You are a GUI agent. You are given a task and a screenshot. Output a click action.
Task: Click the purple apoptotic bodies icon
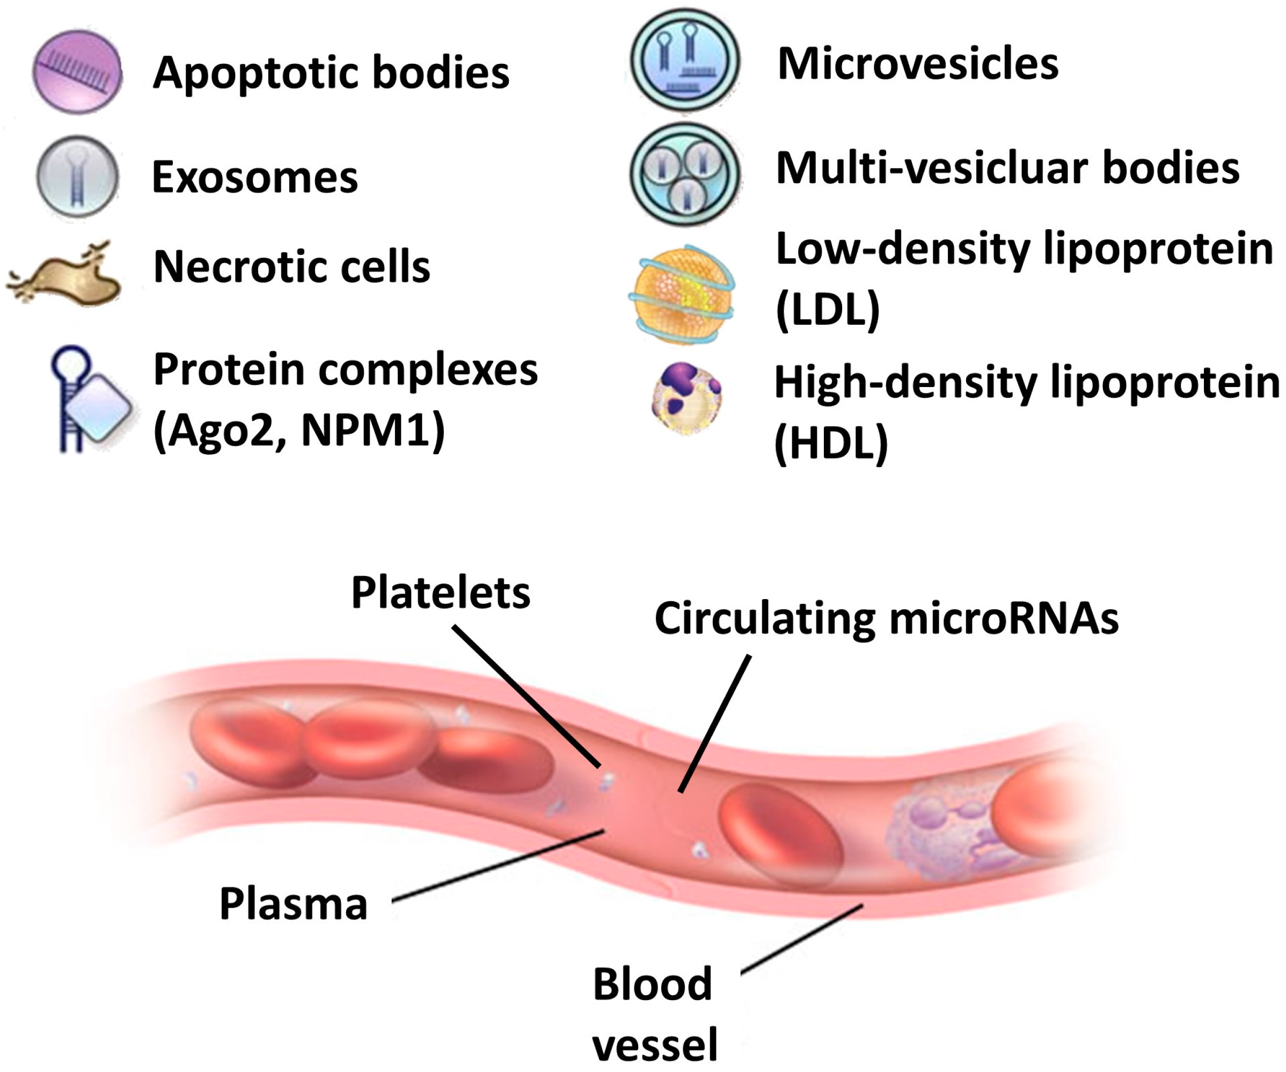77,72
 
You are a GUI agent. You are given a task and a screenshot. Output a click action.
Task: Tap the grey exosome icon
77,177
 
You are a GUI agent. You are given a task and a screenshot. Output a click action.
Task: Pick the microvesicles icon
685,61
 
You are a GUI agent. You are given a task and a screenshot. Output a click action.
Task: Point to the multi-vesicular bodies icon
685,174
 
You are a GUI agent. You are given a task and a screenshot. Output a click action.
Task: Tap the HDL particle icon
686,398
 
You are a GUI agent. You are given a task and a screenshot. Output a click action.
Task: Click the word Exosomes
254,178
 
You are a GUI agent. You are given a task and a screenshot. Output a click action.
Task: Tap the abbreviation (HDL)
831,443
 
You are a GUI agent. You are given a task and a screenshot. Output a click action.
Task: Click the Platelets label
440,593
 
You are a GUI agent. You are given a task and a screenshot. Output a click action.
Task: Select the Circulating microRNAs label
886,619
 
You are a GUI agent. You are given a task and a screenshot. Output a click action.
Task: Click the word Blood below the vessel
652,984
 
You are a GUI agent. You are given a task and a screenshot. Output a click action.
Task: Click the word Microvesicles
917,64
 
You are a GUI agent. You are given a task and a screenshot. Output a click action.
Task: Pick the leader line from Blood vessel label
802,937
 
